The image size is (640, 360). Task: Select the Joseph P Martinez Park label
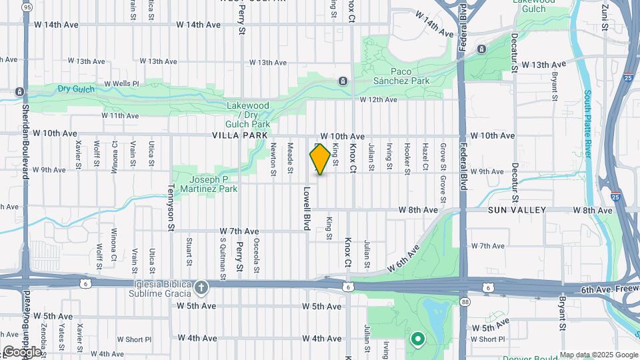coord(208,184)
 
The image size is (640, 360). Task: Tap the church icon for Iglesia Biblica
coord(202,287)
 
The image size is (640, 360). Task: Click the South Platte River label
coord(588,123)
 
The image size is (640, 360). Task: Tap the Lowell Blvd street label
coord(307,209)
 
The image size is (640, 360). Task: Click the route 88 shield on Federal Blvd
coord(465,302)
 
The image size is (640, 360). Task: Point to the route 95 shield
coord(27,7)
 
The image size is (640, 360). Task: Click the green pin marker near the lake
coord(418,340)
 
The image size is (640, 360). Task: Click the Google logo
coord(22,351)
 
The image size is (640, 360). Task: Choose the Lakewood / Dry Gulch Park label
coord(248,115)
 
